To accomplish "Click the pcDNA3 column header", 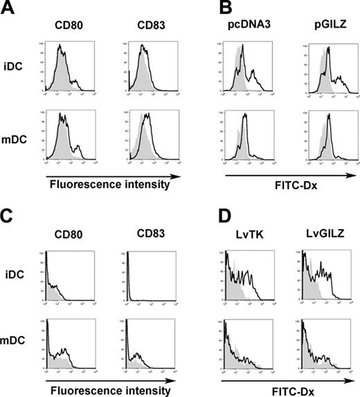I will tap(246, 24).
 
